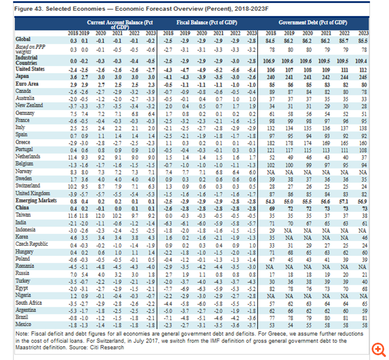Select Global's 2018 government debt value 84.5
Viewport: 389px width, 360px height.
pyautogui.click(x=269, y=39)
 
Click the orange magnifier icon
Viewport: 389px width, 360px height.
pyautogui.click(x=378, y=348)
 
